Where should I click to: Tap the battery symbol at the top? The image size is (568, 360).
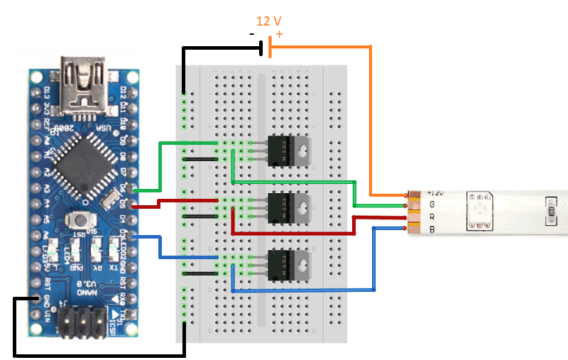pyautogui.click(x=266, y=48)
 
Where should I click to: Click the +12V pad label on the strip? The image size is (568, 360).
pyautogui.click(x=435, y=193)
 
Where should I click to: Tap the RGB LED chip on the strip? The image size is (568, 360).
pyautogui.click(x=479, y=210)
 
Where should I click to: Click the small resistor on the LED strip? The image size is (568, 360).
pyautogui.click(x=550, y=210)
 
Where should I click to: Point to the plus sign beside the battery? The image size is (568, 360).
pyautogui.click(x=278, y=34)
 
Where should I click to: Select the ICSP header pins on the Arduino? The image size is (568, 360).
pyautogui.click(x=84, y=322)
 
